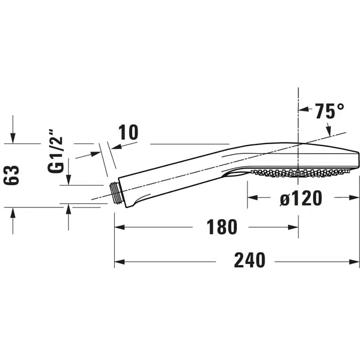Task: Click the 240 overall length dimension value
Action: click(250, 260)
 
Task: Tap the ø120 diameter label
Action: click(301, 198)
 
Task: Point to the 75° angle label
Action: click(329, 111)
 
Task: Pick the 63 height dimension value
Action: click(13, 175)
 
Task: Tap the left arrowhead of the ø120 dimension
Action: click(251, 197)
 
